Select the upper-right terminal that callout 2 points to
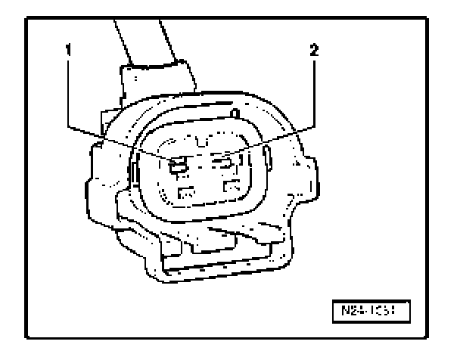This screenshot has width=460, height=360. point(223,163)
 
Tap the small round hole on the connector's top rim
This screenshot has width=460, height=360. point(235,113)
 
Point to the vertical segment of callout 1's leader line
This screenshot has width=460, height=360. point(69,91)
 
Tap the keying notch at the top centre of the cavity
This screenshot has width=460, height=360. point(198,139)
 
